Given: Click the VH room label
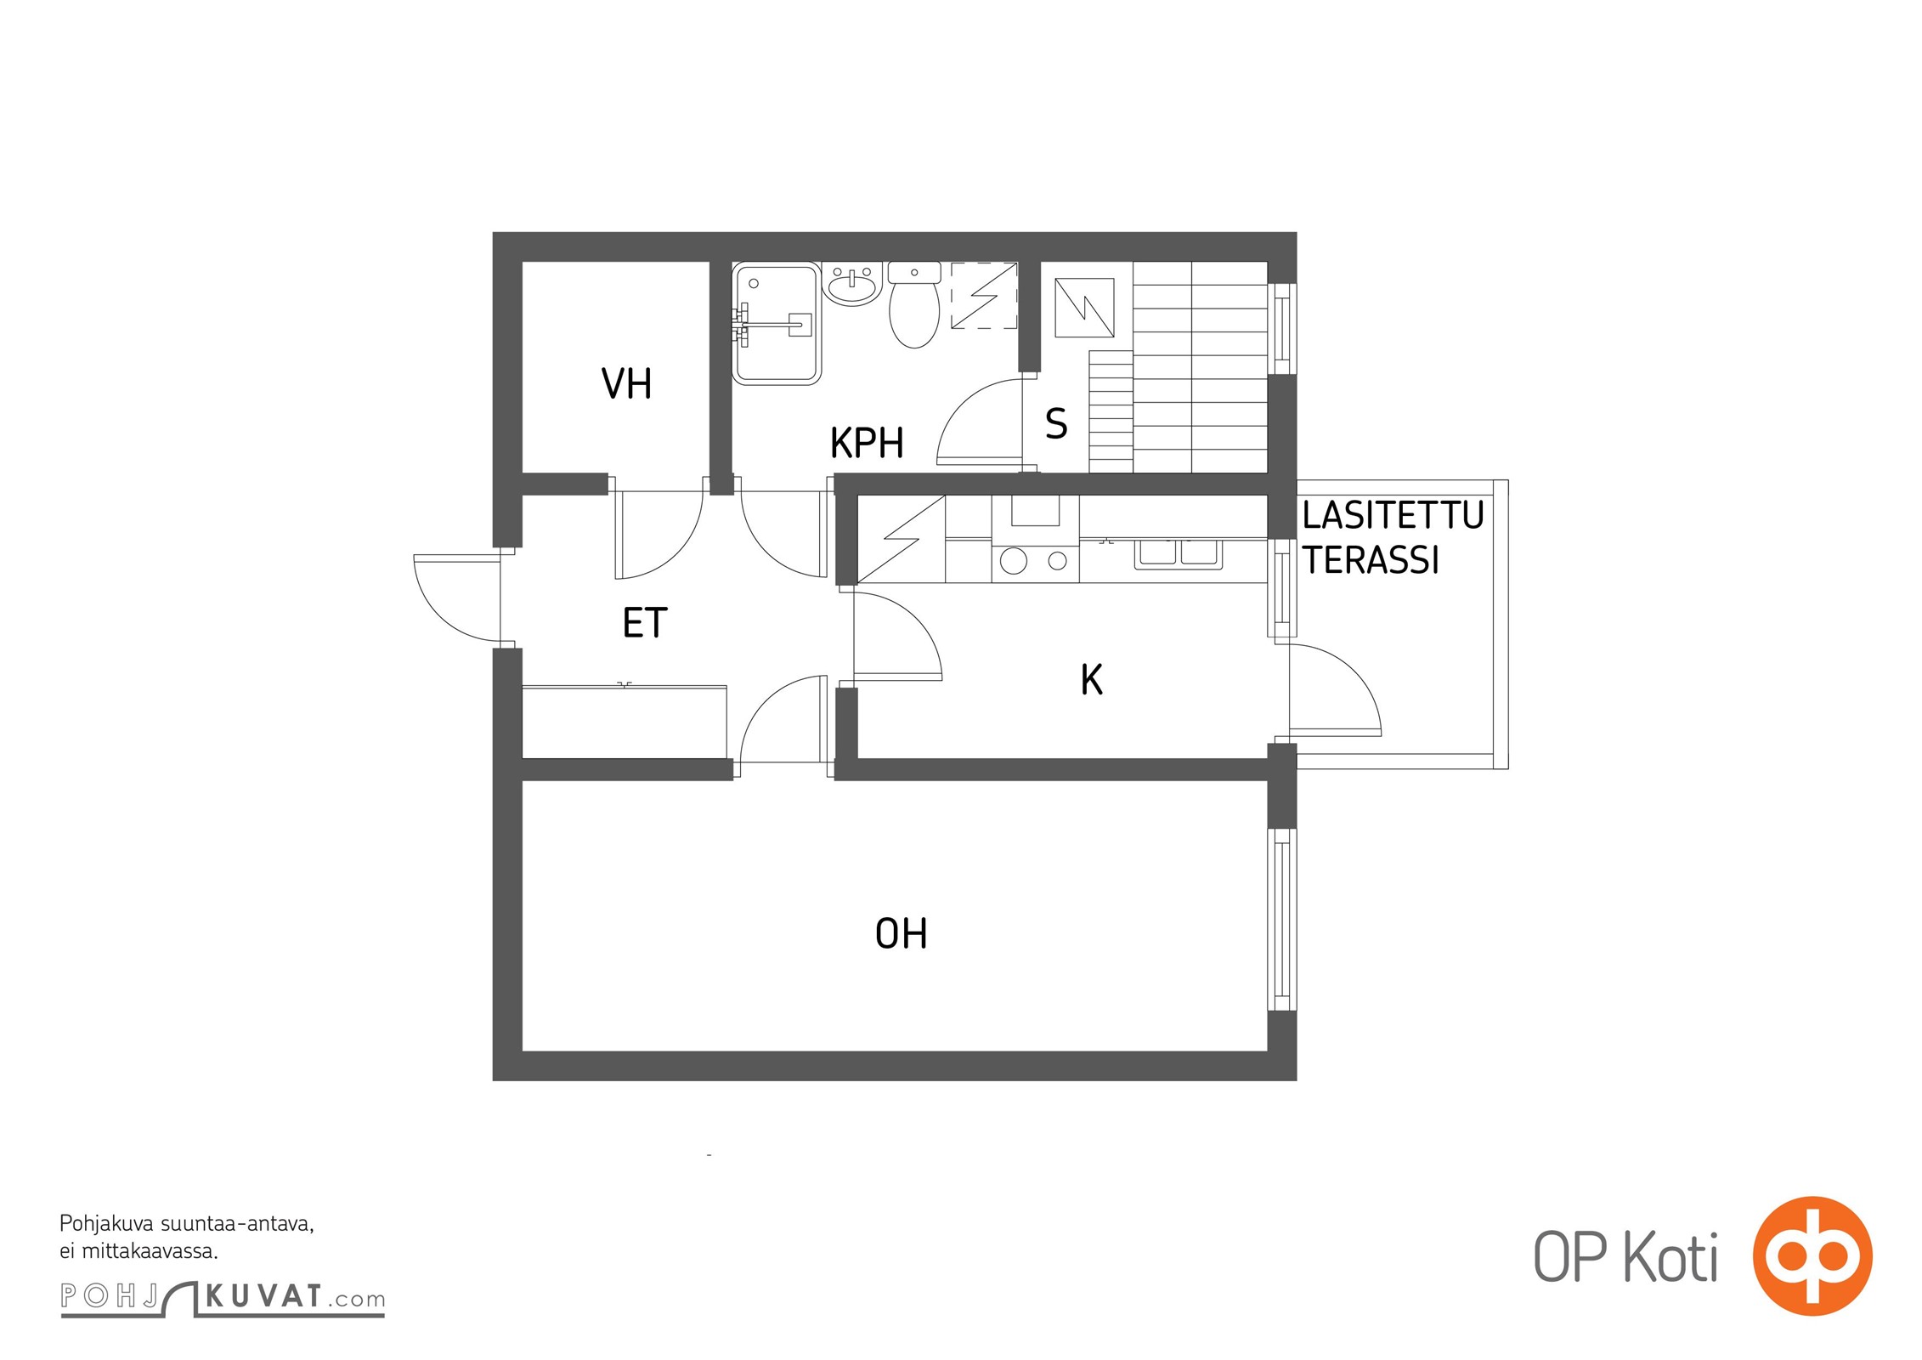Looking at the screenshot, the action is [626, 383].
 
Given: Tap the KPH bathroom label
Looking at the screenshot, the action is [867, 443].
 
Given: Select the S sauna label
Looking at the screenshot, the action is [1056, 423].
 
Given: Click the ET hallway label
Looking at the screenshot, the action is [645, 622].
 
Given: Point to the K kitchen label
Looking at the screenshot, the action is [1092, 680].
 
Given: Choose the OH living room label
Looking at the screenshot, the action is [901, 933].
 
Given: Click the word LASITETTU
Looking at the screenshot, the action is [1393, 516].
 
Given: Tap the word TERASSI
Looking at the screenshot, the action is [1371, 560].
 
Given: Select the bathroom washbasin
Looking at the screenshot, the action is [852, 284].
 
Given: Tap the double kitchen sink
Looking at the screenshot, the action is [1179, 553].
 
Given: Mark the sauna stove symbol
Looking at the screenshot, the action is [1084, 308].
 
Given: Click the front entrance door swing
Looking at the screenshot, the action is [457, 598].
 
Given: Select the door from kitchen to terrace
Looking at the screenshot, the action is [1335, 689].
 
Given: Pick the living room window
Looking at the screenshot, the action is [1282, 920].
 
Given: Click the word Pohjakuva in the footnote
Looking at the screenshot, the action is [106, 1225].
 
